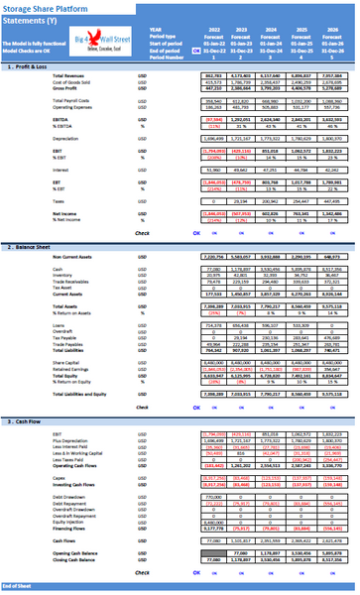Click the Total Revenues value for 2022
(212, 75)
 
